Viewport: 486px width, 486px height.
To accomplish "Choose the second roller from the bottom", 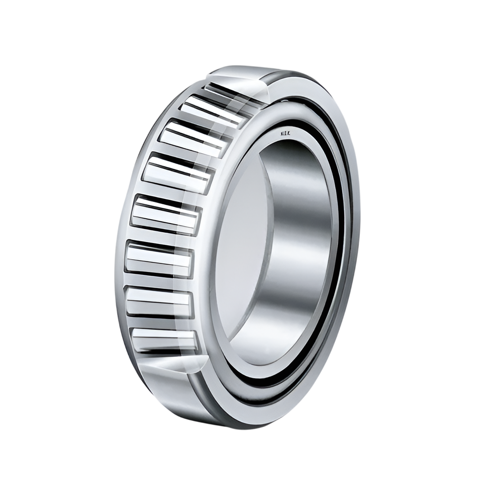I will [x=160, y=301].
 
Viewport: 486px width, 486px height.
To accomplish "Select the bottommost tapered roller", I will [x=165, y=339].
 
